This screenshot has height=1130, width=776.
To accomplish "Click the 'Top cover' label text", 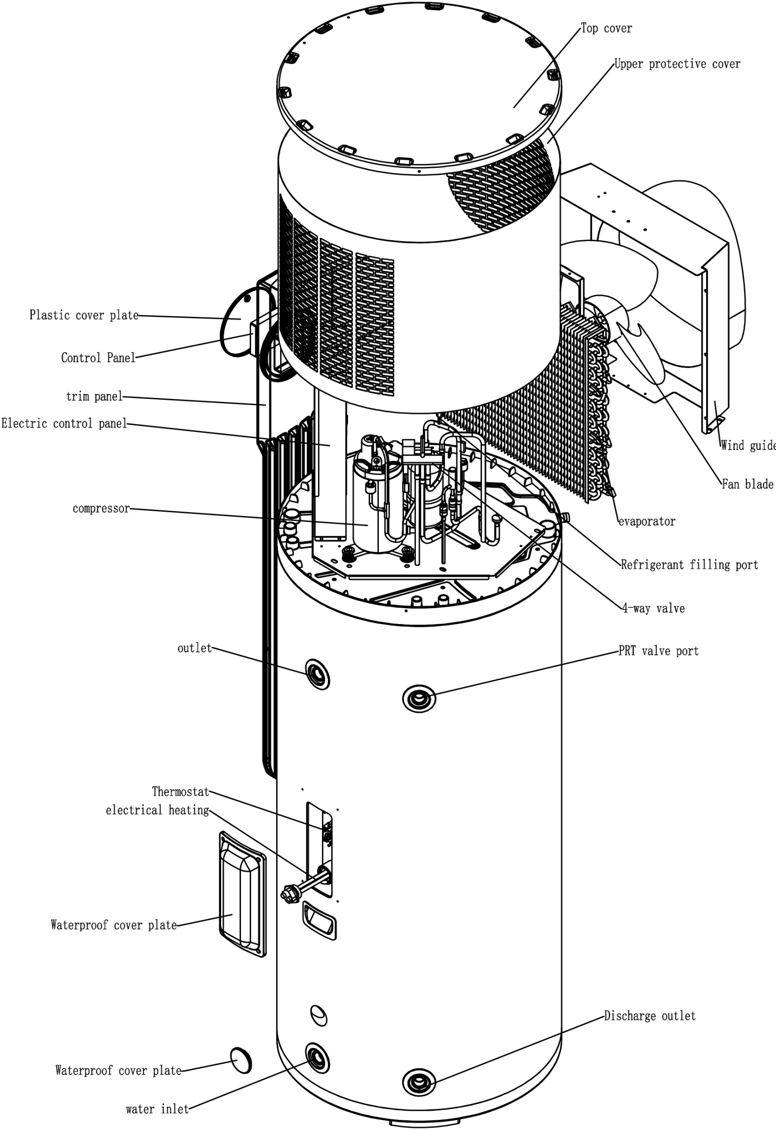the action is point(606,28).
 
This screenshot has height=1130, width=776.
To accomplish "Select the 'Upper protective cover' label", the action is point(677,64).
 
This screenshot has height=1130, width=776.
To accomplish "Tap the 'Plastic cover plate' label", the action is point(84,315).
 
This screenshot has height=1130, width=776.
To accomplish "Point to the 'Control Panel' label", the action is point(98,358).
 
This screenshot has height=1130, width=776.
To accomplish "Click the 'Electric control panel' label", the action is point(64,423).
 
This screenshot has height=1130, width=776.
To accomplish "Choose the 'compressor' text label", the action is point(101,509).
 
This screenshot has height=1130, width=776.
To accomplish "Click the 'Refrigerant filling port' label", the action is point(689,565).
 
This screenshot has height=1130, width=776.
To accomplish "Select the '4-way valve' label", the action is point(654,609).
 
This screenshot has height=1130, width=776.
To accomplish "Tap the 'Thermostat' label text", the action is point(180,792).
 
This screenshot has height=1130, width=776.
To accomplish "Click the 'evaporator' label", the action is point(647,522).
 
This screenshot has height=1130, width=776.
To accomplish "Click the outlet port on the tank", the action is point(317,674).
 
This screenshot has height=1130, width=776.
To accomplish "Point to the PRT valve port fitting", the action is point(419,699).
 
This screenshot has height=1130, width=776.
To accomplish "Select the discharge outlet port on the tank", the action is point(419,1083).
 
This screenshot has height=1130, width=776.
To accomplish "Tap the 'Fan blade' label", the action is point(747,485).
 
